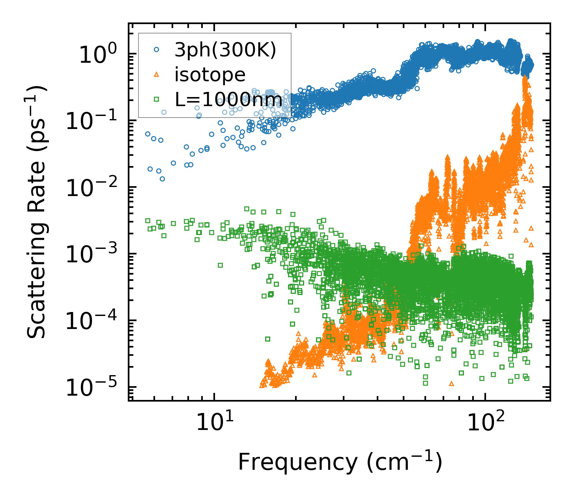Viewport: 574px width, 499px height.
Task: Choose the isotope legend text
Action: pyautogui.click(x=210, y=75)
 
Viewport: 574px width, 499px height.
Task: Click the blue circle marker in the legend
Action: pyautogui.click(x=157, y=50)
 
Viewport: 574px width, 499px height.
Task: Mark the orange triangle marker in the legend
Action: pyautogui.click(x=157, y=75)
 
